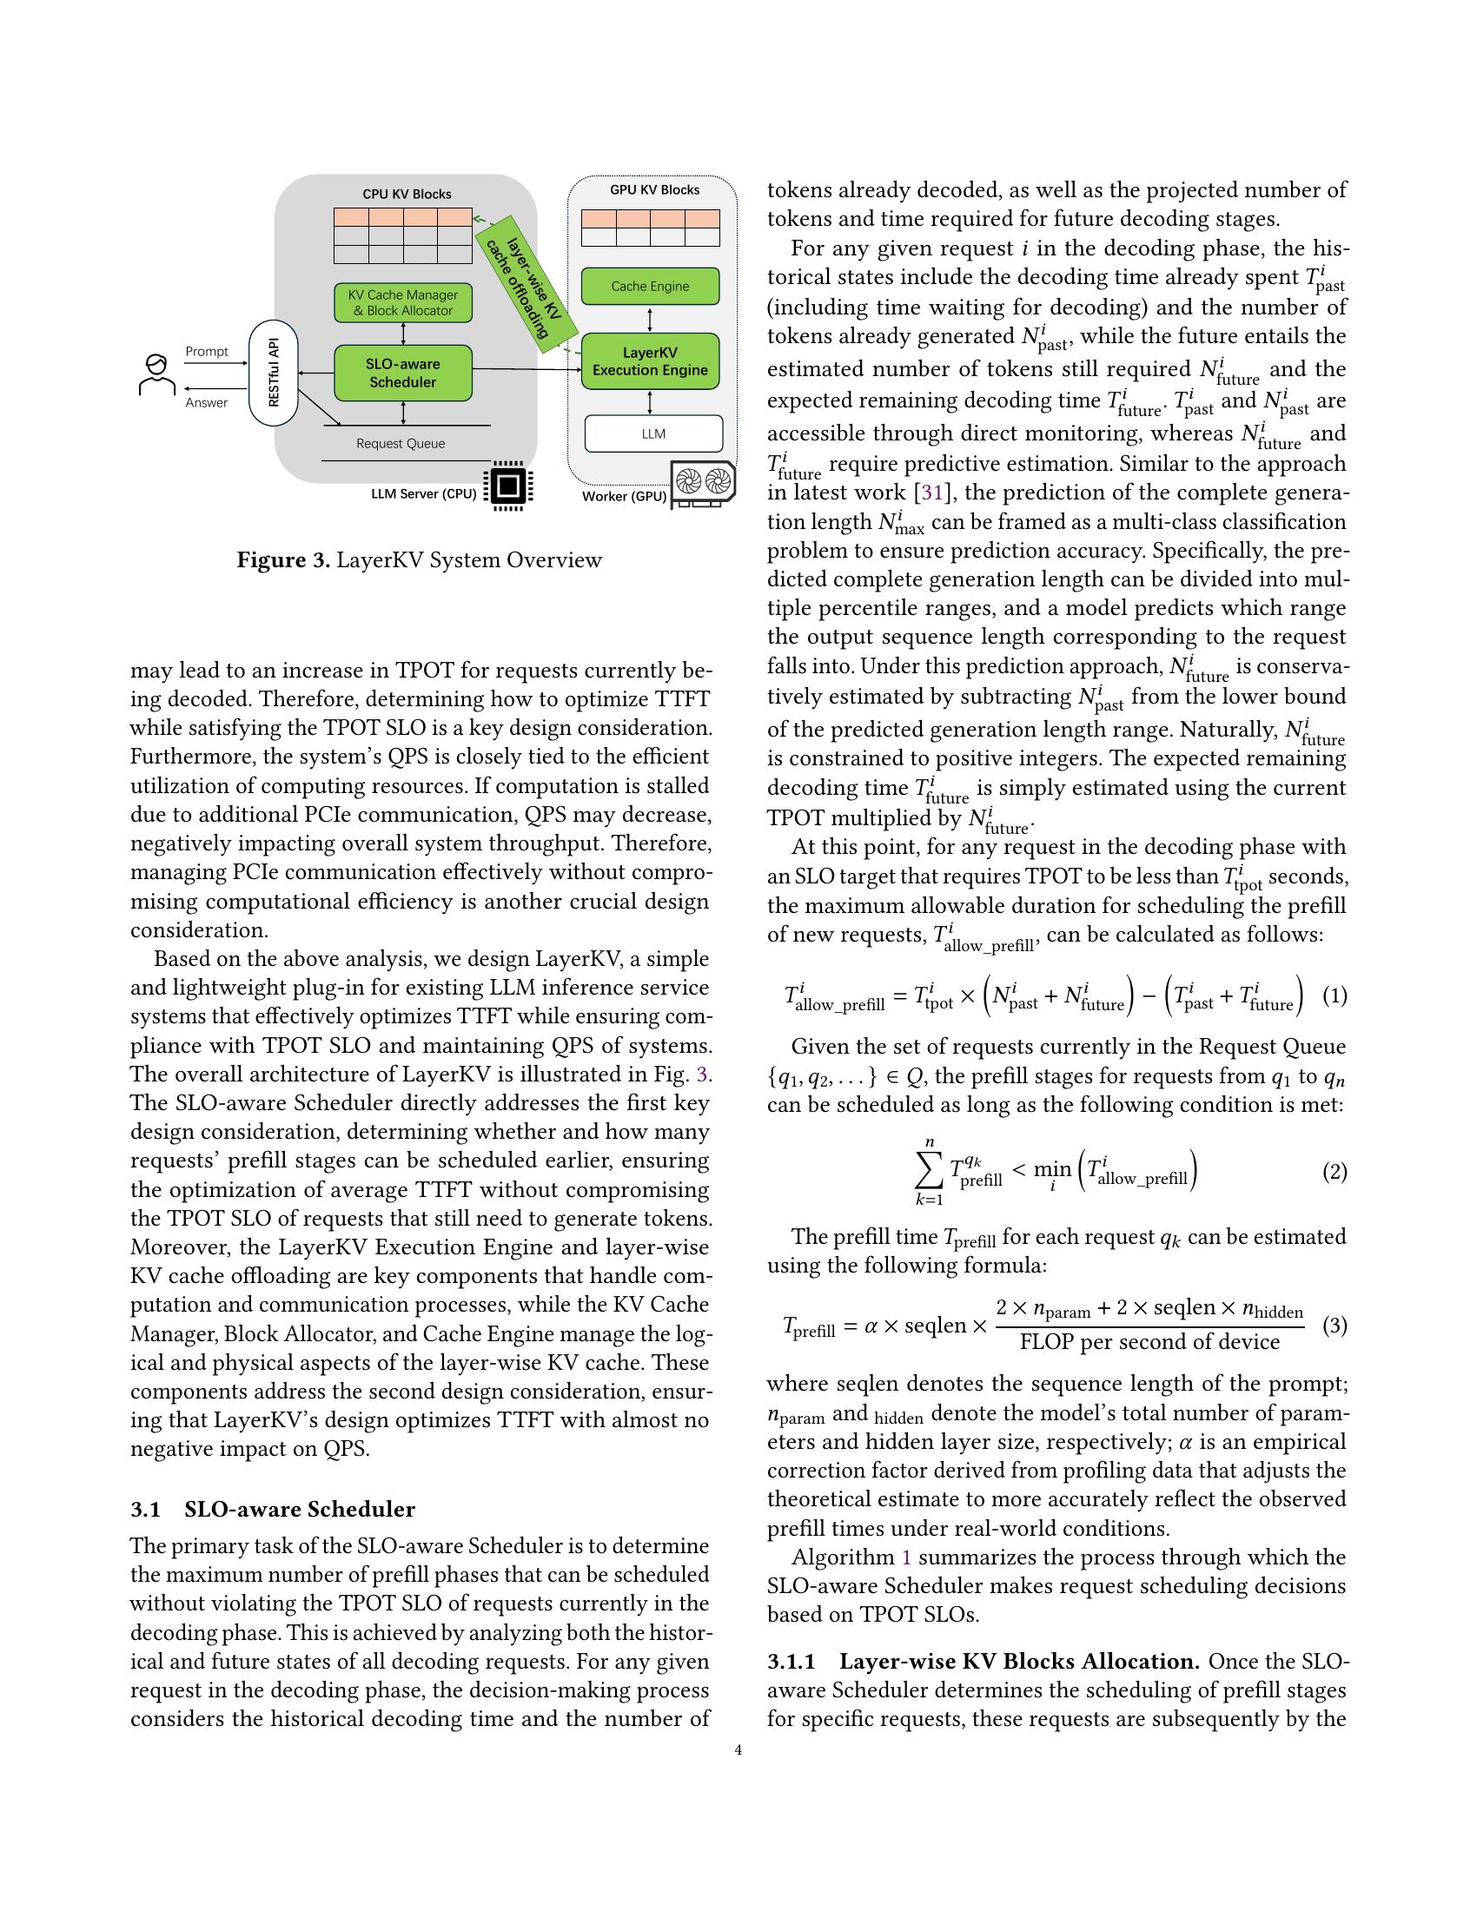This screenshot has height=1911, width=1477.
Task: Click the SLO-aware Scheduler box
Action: [402, 373]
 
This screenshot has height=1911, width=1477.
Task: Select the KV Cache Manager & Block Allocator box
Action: [402, 303]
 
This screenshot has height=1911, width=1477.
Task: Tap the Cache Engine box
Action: [650, 286]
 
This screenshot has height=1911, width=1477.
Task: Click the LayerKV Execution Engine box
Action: [650, 361]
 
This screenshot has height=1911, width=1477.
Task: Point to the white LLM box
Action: [652, 433]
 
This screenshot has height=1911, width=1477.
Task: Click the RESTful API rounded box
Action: [274, 374]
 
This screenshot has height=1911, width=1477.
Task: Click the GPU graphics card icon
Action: [703, 484]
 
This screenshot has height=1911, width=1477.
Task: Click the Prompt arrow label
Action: [207, 352]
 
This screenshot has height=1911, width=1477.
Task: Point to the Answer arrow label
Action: [207, 402]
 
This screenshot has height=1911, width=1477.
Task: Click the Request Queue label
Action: [401, 444]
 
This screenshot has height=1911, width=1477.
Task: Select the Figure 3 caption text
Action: [419, 560]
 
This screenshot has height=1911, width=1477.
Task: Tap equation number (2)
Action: [1334, 1172]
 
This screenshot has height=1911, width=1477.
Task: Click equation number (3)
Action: [1334, 1325]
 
